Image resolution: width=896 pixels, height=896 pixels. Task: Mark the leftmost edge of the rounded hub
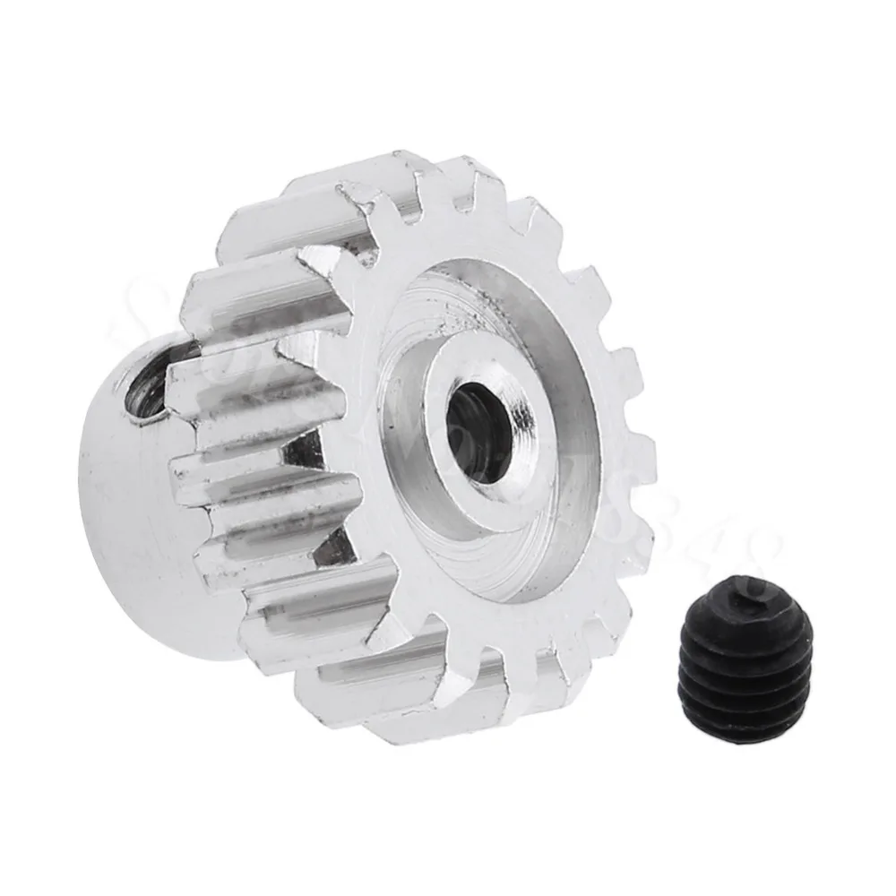(81, 502)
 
